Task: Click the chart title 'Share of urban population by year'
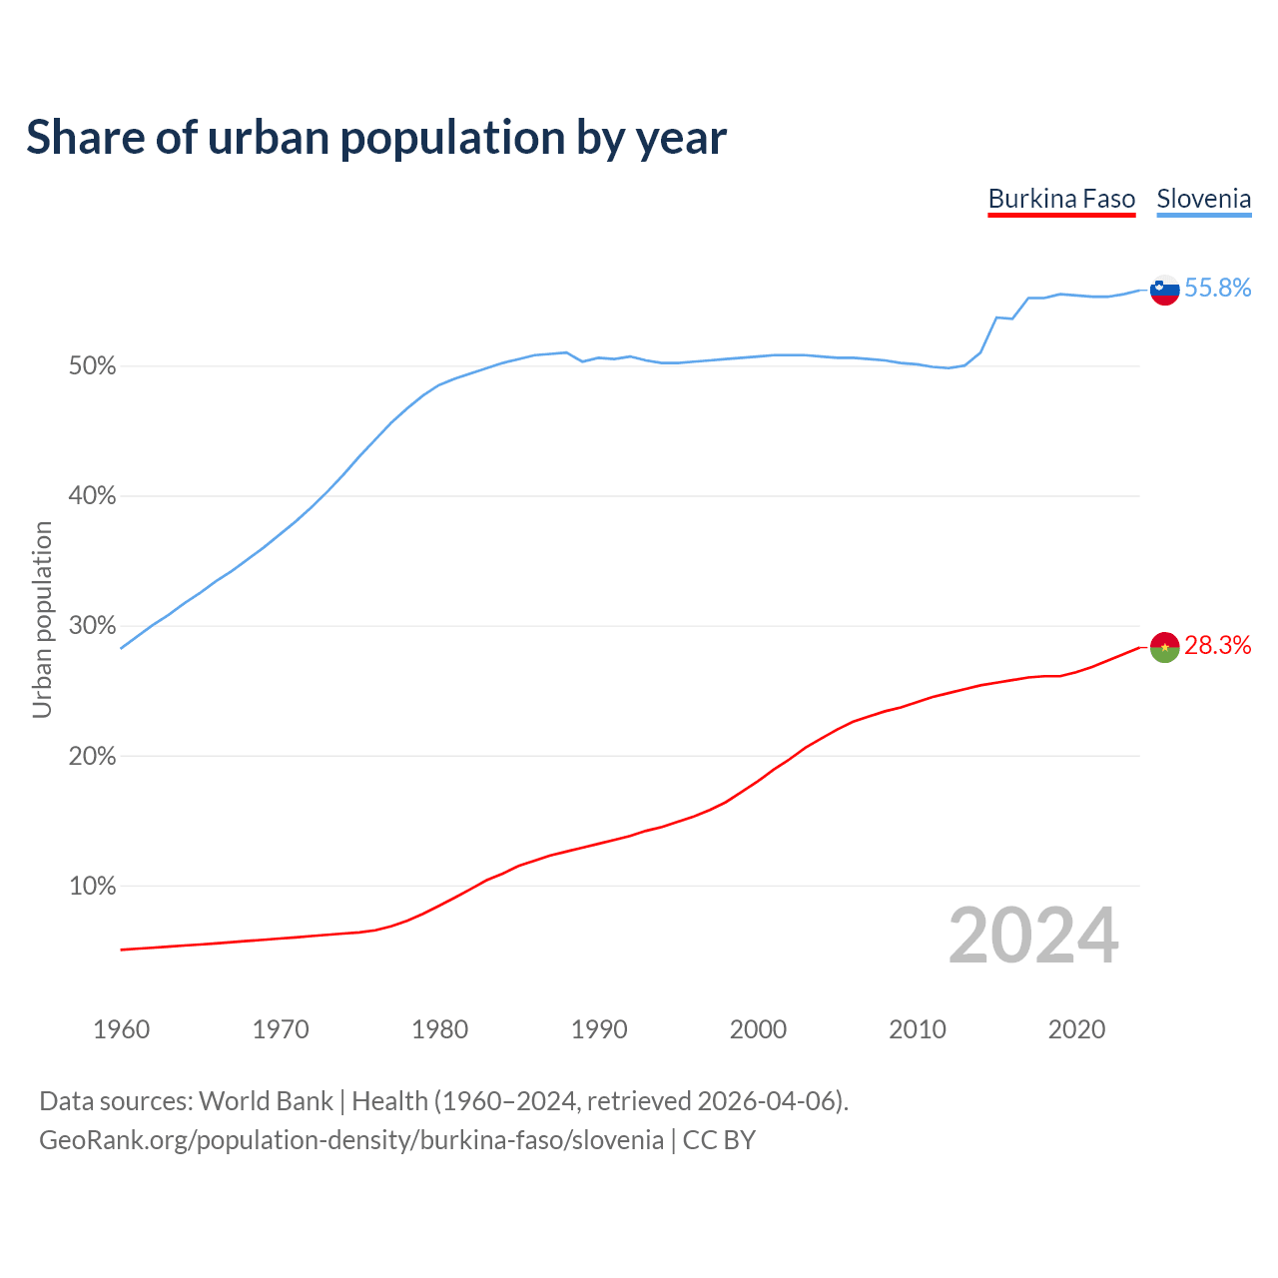376,138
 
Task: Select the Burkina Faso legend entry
1061,199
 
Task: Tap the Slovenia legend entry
1203,199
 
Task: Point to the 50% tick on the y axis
92,366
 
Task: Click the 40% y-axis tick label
92,496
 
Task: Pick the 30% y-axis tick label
92,626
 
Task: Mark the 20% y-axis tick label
92,757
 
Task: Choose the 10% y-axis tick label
92,887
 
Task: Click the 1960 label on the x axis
121,1029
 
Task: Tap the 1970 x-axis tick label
281,1029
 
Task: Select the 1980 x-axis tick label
439,1029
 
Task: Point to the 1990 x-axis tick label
599,1029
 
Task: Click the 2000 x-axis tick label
758,1029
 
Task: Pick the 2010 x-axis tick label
918,1029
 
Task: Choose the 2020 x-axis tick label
1076,1029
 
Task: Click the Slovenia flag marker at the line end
1165,290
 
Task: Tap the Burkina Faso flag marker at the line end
1165,647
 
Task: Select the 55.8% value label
1217,289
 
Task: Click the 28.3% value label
1217,646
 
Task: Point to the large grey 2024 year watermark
1033,936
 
